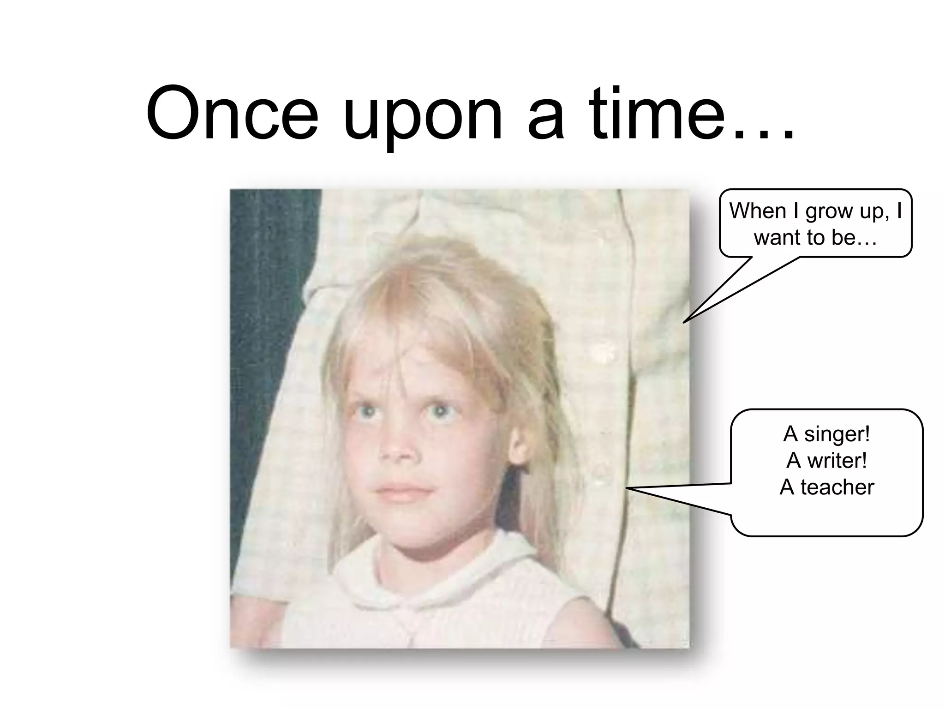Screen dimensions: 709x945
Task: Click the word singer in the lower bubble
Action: (837, 434)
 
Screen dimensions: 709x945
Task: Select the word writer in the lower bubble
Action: (836, 460)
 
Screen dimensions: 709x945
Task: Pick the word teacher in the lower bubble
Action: (837, 487)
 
